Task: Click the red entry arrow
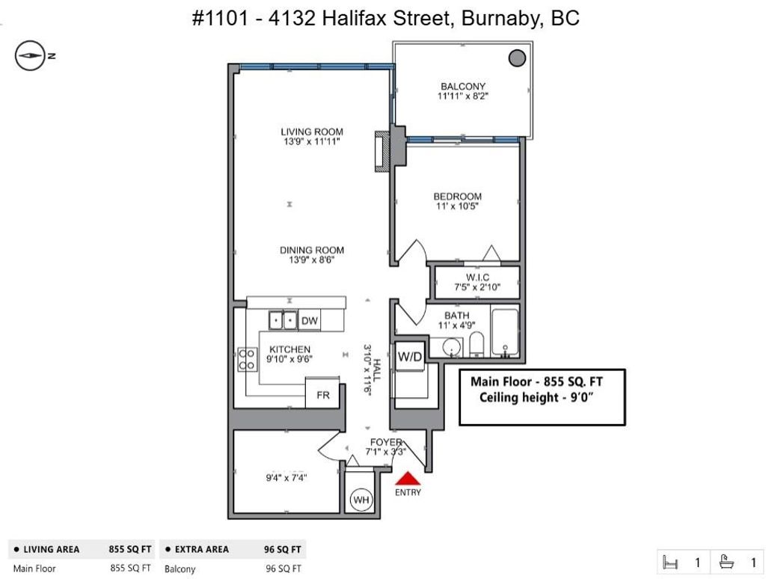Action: [x=408, y=479]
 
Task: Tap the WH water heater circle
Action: [x=361, y=500]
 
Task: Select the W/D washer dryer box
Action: [x=409, y=356]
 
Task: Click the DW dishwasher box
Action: [x=309, y=320]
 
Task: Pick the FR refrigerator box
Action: [x=322, y=393]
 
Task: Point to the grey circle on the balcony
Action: [x=517, y=58]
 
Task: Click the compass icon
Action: [x=30, y=55]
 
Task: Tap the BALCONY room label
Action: [x=462, y=87]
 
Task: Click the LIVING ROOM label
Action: [x=312, y=132]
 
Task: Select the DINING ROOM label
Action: [x=312, y=250]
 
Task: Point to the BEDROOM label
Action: [x=457, y=197]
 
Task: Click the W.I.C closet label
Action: [x=477, y=278]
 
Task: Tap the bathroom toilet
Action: [x=477, y=343]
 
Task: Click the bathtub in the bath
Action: [x=505, y=333]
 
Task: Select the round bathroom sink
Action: [x=451, y=347]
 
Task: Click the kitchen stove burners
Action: [x=247, y=359]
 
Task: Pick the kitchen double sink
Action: [x=283, y=320]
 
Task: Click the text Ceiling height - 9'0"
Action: [x=536, y=397]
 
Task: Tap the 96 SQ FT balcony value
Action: [x=284, y=569]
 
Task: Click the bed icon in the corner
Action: [x=670, y=563]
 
